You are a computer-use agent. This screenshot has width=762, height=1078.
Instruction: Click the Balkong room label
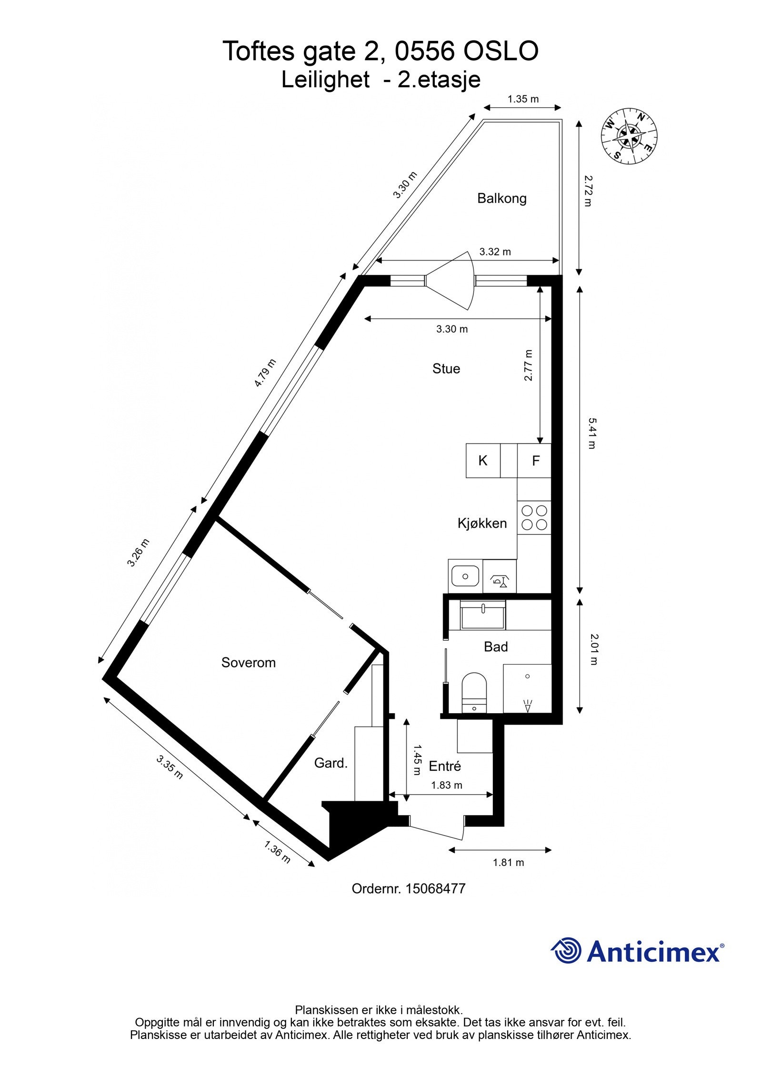501,198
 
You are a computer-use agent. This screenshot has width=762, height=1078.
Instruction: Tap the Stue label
446,368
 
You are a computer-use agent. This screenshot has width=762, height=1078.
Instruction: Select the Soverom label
248,662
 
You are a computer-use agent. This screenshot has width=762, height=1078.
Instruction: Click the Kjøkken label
481,523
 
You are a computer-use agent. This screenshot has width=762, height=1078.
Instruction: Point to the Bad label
495,646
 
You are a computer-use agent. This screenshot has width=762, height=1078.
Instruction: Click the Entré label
444,766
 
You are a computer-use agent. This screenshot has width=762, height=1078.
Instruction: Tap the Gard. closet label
331,763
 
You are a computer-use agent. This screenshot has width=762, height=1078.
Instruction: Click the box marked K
482,461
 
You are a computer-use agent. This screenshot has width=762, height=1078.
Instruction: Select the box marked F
535,461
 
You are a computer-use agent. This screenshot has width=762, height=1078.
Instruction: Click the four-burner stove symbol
534,518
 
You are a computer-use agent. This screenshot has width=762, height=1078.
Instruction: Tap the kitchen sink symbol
465,576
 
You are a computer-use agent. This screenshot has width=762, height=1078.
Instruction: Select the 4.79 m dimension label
265,373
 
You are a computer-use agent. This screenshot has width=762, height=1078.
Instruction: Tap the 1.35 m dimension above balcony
522,99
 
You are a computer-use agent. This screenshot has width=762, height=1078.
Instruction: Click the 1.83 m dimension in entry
446,785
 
